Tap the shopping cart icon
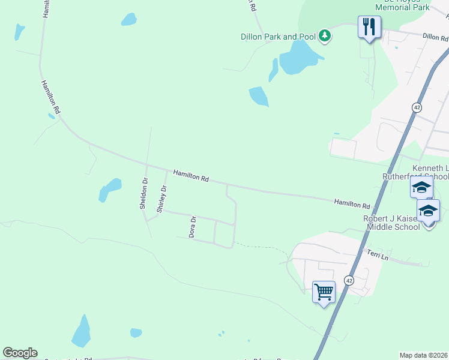point(324,292)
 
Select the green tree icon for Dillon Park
point(325,36)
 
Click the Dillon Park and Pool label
point(279,37)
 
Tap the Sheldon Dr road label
point(143,193)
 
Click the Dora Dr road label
point(193,227)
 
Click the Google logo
point(20,353)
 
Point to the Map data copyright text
point(424,355)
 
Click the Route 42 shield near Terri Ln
point(349,280)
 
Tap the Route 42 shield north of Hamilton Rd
point(417,107)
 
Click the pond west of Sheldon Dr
point(109,190)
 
